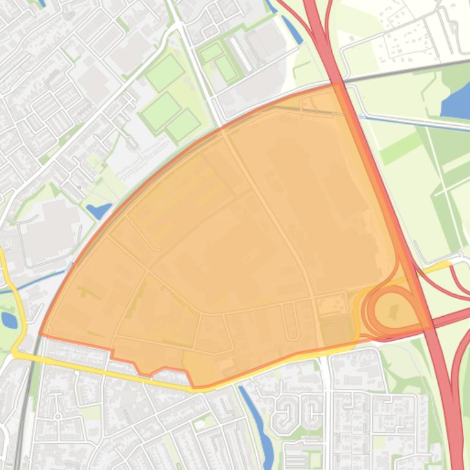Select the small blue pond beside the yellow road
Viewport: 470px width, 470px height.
(x=9, y=319)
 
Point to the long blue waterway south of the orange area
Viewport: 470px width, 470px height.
(x=258, y=418)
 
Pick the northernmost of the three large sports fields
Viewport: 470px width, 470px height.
(x=164, y=72)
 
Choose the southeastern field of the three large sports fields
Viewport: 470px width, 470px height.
(x=183, y=125)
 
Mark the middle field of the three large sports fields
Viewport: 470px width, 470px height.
(x=161, y=110)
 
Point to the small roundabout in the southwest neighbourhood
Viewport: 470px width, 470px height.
(x=57, y=417)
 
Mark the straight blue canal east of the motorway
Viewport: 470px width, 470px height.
(x=416, y=121)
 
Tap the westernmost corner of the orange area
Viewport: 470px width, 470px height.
(x=40, y=334)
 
